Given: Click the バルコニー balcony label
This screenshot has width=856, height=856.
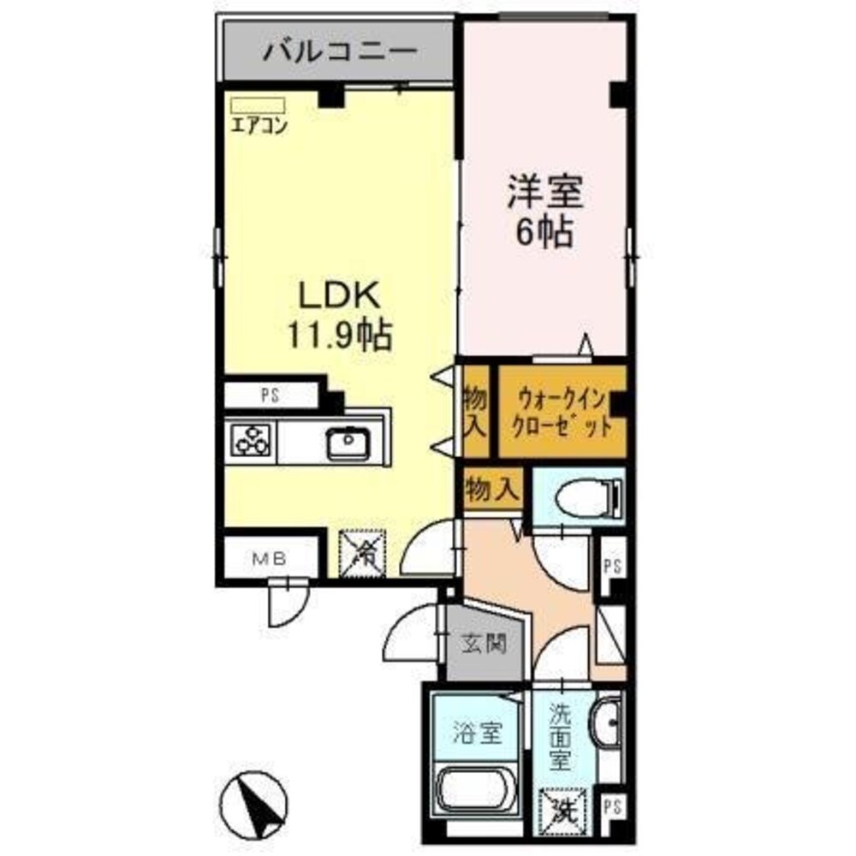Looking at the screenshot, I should click(340, 54).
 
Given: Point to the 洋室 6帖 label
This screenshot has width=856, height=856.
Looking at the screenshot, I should click(545, 211).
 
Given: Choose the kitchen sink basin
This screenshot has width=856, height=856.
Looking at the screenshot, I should click(348, 443).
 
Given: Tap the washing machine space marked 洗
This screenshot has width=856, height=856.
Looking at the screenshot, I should click(562, 806).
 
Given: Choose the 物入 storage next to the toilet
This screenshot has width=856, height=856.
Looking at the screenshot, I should click(492, 490).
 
